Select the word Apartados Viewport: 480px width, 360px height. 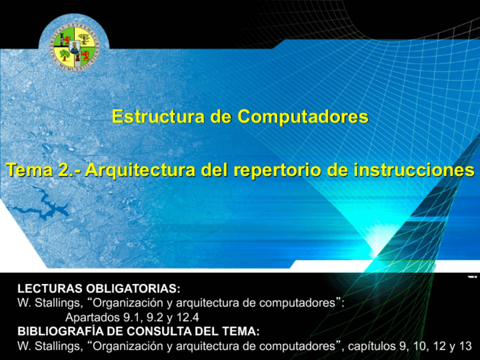pos(92,318)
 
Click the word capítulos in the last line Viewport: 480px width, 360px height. pos(369,345)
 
